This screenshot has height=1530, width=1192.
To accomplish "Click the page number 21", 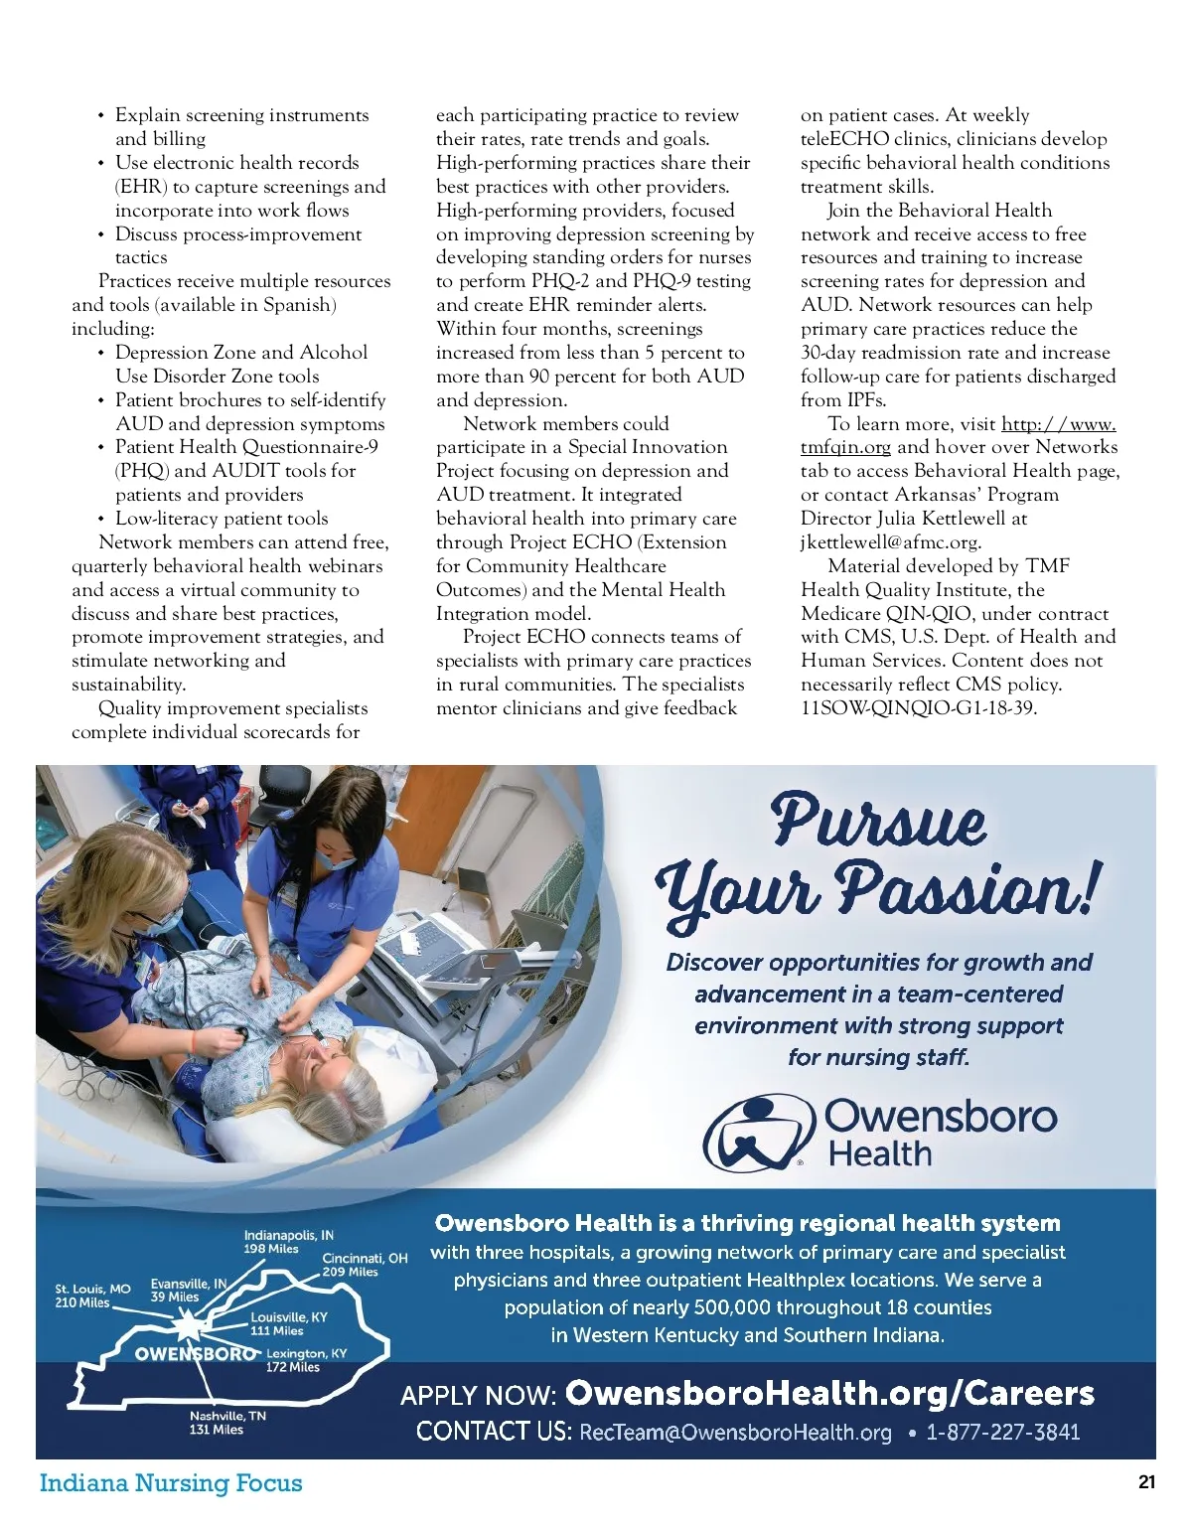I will pos(1146,1482).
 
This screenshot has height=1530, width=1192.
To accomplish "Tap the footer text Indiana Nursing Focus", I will pos(170,1483).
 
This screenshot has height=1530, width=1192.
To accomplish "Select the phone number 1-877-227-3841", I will pos(1002,1432).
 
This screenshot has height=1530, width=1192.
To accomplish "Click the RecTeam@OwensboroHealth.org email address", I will pos(735,1432).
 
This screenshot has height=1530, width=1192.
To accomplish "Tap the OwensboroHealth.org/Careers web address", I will pos(829,1393).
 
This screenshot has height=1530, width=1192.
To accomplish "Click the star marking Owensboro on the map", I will pos(187,1326).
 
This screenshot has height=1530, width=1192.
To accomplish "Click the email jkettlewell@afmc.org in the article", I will pos(890,542).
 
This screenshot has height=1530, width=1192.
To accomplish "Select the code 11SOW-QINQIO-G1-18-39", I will pos(918,708).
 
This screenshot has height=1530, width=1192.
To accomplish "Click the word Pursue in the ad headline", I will pos(878,823).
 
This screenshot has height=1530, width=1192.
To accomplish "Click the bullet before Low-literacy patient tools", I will pos(101,520).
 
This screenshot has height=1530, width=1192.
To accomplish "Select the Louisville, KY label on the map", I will pos(288,1323).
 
